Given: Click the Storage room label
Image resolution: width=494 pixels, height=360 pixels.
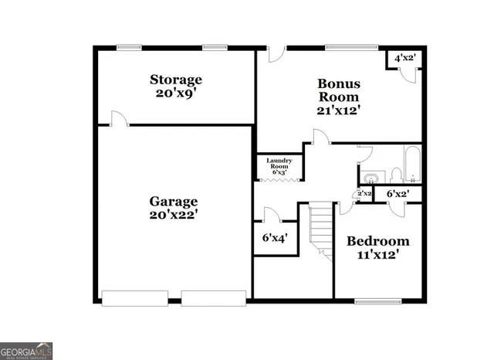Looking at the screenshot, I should point(176,80).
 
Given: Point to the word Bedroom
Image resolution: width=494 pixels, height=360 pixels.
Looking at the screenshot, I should point(377,240).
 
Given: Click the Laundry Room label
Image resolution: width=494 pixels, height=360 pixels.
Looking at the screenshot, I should point(279,164).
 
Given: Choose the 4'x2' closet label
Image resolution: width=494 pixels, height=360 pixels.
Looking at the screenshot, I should point(405,58).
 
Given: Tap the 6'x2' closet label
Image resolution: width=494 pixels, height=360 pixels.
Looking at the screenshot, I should point(398,194).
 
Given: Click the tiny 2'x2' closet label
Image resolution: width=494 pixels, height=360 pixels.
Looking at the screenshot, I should point(364,194).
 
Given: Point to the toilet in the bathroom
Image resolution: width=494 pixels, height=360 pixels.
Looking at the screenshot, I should point(395,173).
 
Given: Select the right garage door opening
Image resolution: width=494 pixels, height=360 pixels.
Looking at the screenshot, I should point(214,297).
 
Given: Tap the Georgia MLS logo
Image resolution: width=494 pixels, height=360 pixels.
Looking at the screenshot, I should point(26,352).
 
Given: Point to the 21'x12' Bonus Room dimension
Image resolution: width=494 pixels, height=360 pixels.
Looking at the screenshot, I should point(338,110).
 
